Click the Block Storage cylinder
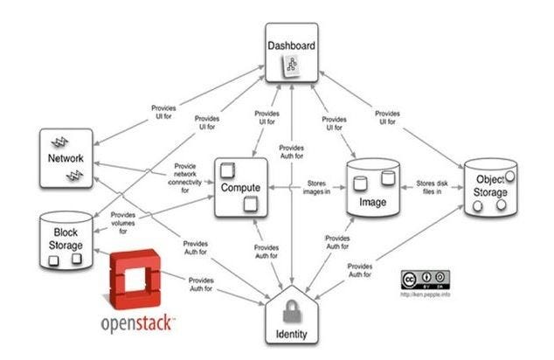[65, 237]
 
